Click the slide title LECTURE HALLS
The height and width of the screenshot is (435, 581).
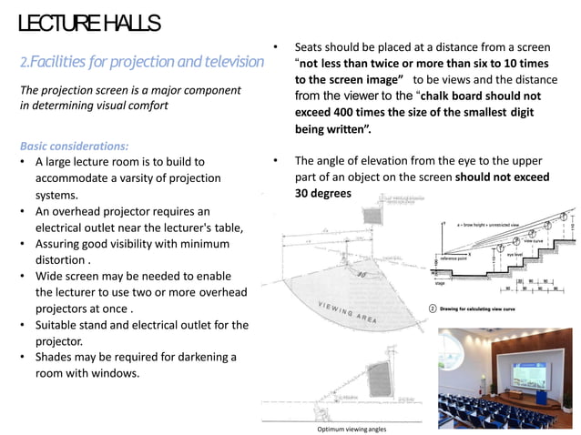coord(89,23)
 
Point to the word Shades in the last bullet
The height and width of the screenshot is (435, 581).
coord(57,356)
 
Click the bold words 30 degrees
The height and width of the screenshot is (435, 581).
coord(322,194)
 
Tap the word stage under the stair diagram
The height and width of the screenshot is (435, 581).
coord(439,283)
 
